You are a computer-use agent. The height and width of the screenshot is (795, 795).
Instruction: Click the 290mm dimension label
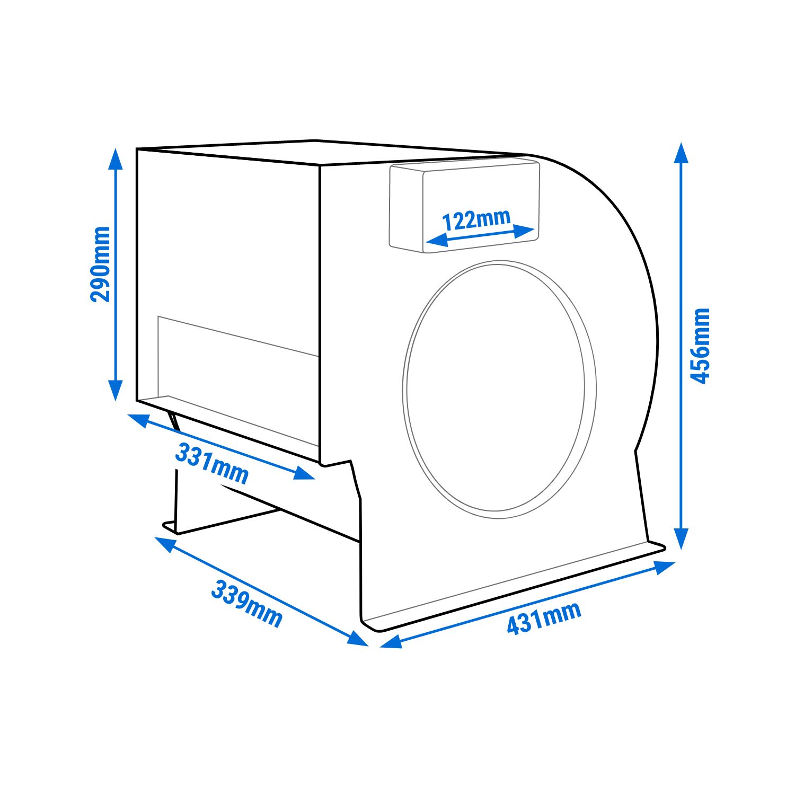(101, 264)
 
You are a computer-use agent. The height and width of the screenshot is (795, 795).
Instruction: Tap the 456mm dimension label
(700, 346)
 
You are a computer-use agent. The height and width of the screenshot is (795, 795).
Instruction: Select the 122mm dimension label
(476, 219)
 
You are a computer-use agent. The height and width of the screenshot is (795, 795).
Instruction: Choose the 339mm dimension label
(246, 604)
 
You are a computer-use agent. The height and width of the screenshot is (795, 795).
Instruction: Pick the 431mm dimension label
(544, 618)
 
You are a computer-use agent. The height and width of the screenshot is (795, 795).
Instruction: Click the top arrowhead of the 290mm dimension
(116, 160)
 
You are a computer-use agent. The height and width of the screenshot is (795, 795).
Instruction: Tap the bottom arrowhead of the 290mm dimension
(116, 391)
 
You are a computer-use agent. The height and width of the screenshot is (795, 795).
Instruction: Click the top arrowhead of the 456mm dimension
(682, 153)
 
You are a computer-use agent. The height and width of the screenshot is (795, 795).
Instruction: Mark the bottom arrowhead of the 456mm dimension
(682, 539)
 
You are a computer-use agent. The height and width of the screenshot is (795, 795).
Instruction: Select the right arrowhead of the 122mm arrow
(524, 231)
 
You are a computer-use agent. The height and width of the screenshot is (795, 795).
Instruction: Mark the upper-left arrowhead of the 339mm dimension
(165, 543)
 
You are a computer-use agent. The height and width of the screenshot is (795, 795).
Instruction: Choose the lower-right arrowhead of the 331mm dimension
(305, 473)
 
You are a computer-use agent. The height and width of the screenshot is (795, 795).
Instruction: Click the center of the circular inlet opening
(499, 390)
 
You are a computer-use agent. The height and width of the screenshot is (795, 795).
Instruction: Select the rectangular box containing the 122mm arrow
(465, 207)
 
